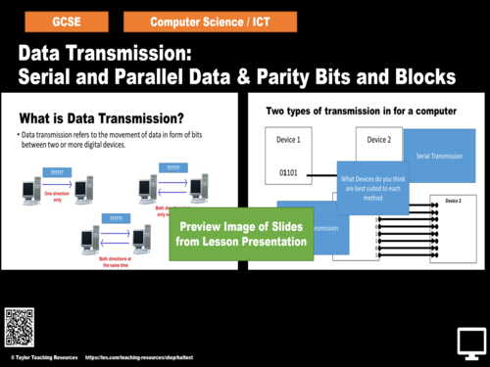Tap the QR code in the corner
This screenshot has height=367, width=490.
point(20,324)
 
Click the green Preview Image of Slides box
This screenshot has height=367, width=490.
point(241,234)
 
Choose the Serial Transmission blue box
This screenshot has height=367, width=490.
point(439,156)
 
